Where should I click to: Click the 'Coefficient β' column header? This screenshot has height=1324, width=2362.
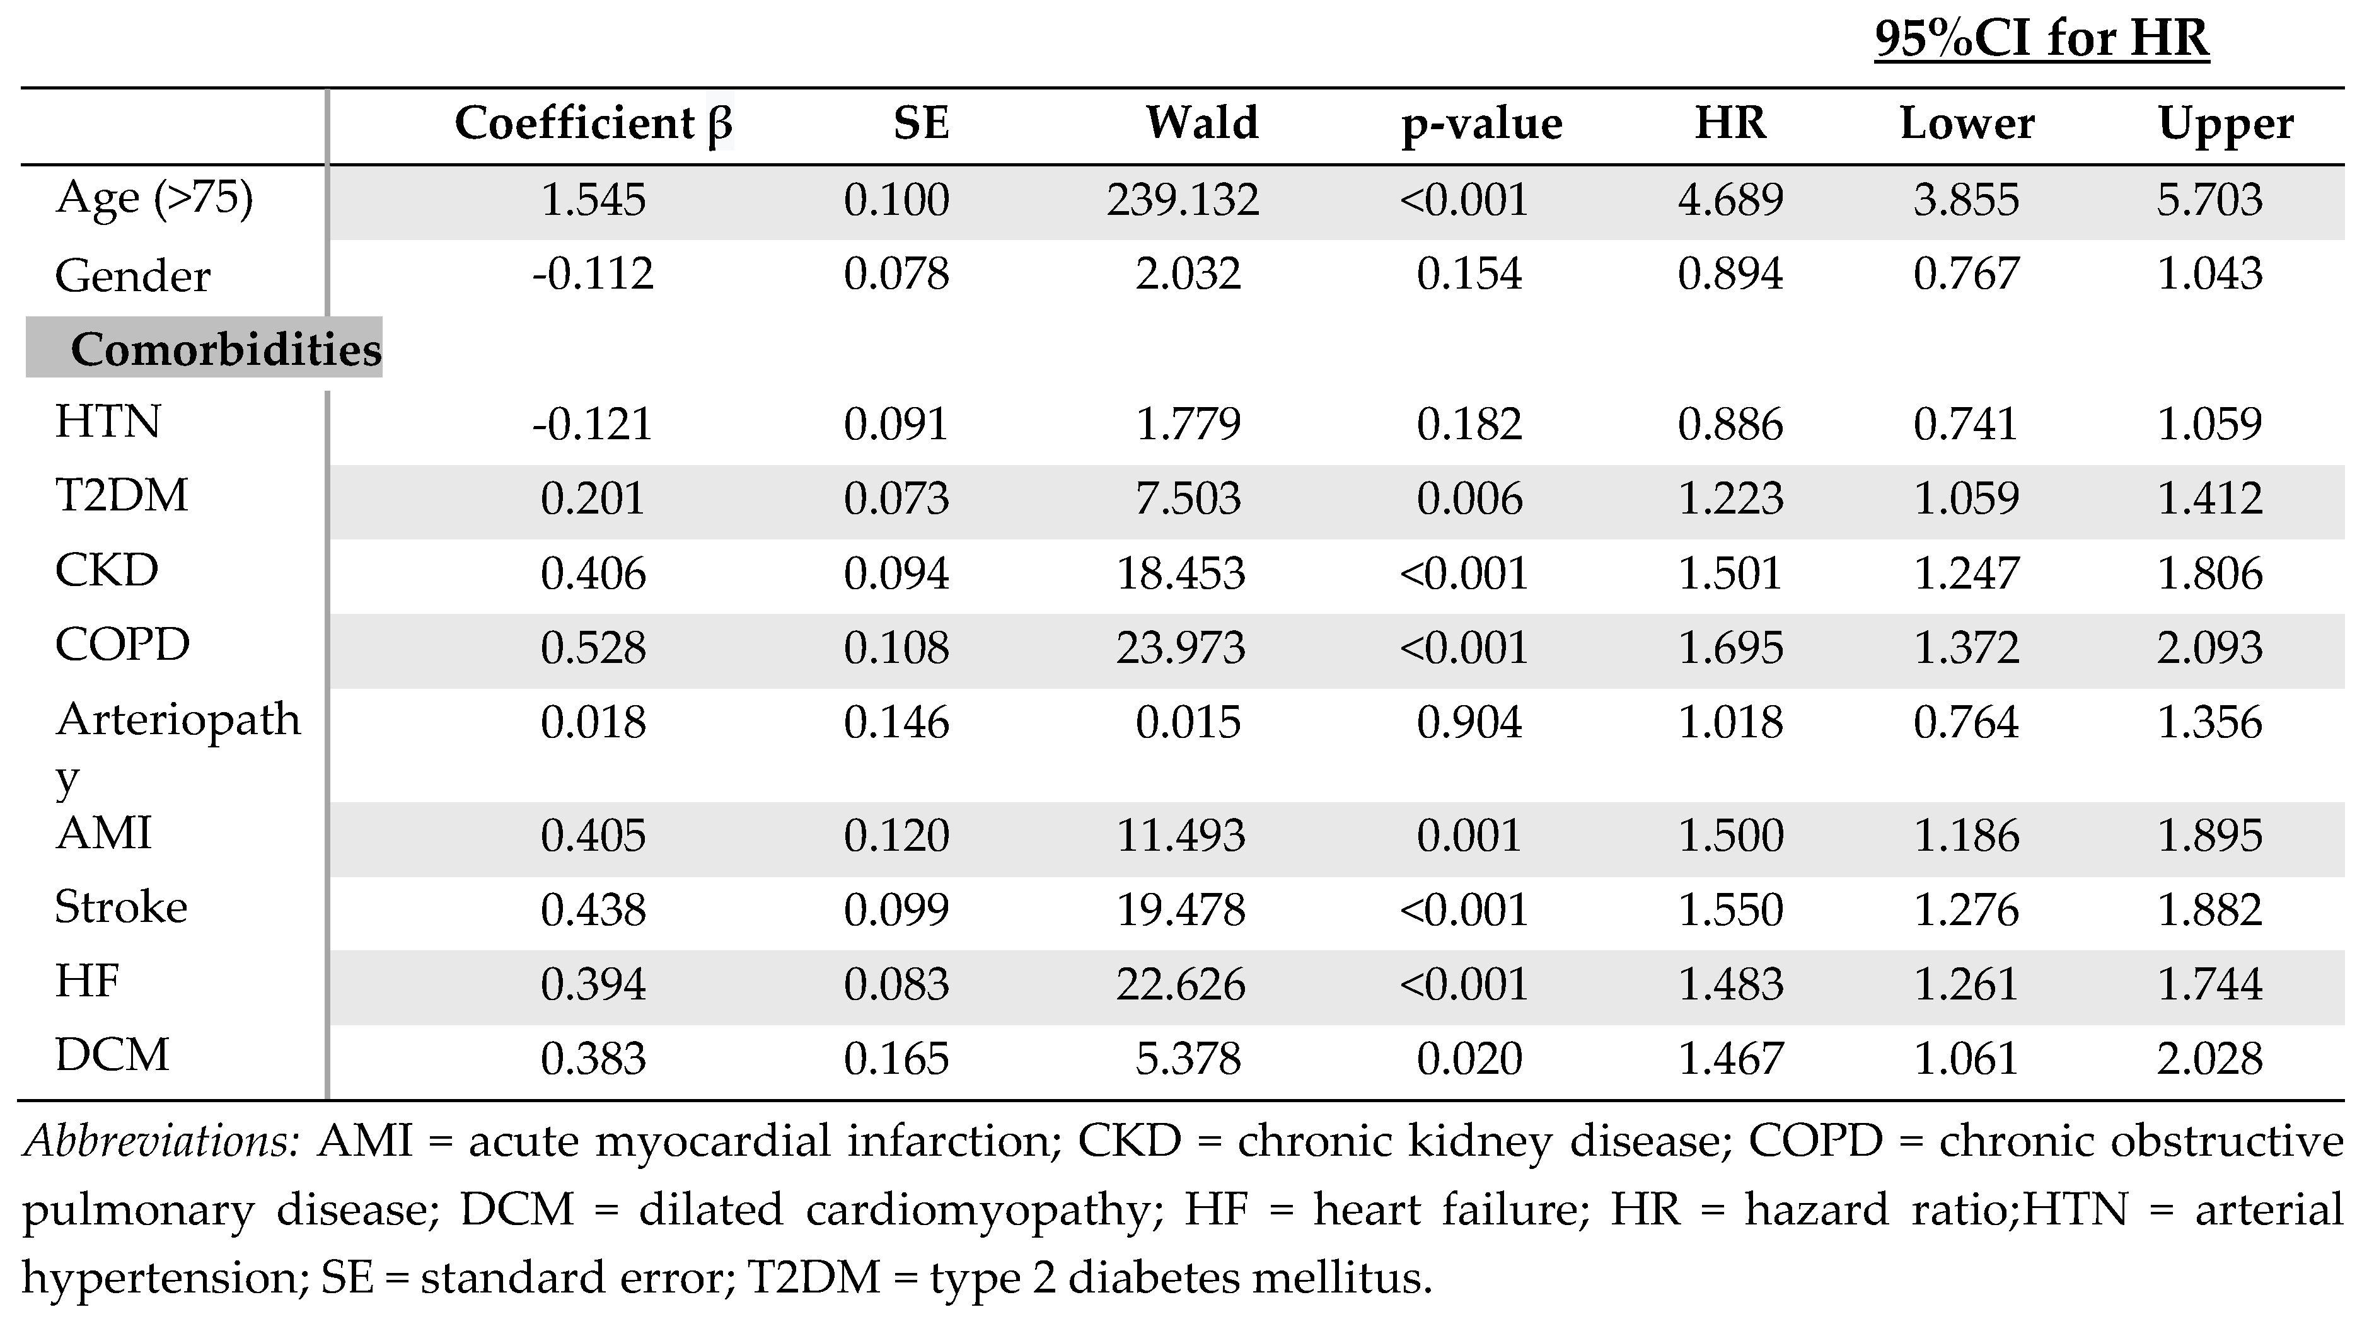(x=593, y=124)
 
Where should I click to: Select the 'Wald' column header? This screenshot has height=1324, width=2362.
(x=1201, y=124)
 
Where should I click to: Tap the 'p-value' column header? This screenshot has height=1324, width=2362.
(x=1481, y=124)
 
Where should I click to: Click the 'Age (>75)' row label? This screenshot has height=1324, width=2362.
(x=154, y=198)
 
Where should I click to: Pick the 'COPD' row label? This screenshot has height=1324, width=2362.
(x=122, y=645)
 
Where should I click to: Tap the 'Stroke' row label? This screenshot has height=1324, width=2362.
(x=121, y=907)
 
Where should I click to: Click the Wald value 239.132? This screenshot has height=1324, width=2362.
(x=1182, y=200)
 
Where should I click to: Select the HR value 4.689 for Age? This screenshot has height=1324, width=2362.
(x=1730, y=200)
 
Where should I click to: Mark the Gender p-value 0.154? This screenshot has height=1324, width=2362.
(x=1469, y=274)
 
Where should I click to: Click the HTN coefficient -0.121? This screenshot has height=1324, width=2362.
(x=593, y=423)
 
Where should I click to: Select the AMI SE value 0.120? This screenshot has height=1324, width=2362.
(x=896, y=835)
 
